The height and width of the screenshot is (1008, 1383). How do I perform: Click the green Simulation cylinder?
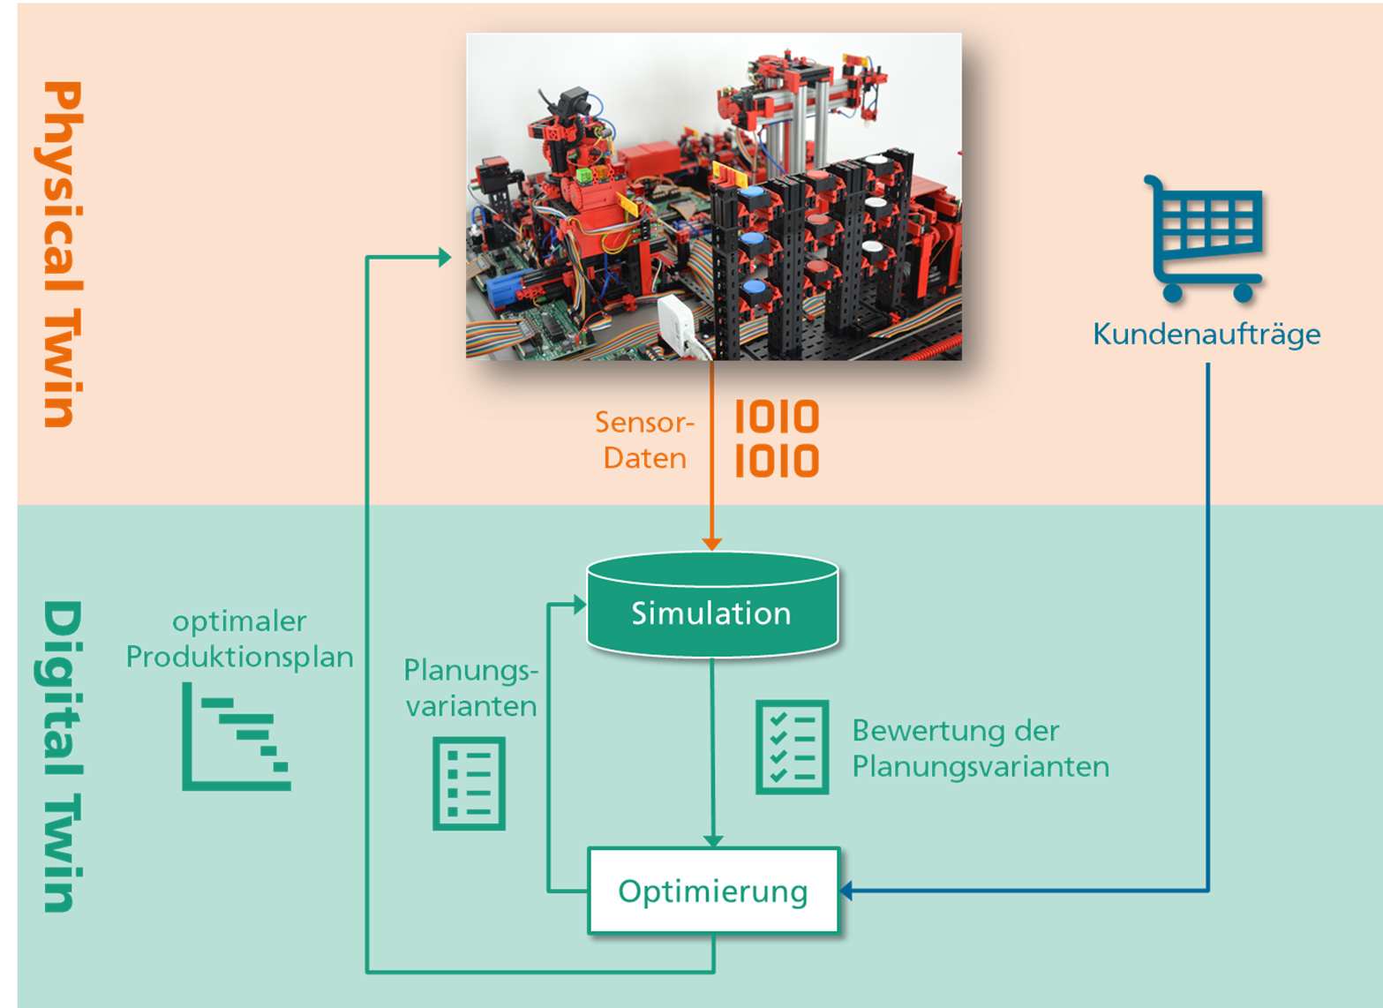(712, 604)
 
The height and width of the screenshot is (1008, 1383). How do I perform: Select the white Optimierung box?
(714, 890)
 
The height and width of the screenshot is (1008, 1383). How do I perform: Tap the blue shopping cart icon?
(1204, 238)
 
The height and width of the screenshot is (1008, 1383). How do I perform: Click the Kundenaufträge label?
(1206, 335)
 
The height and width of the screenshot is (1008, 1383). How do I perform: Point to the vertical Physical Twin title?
(62, 254)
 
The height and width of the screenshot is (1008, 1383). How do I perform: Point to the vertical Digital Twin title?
(62, 756)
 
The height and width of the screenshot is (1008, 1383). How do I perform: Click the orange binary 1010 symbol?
(778, 439)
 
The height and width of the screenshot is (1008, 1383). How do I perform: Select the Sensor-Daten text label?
(644, 440)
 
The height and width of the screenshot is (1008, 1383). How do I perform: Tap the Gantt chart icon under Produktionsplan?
(237, 736)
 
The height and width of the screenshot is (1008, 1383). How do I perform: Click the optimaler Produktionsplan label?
(239, 639)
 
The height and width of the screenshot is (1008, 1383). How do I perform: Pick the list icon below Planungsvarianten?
(470, 783)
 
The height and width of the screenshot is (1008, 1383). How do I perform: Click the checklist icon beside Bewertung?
(793, 747)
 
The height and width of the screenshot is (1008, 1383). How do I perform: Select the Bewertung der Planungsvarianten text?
(981, 748)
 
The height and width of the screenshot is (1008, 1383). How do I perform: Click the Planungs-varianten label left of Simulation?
(471, 688)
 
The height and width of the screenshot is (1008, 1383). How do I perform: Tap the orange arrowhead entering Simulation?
(712, 544)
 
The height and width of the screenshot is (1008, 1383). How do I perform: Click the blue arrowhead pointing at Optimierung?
(846, 891)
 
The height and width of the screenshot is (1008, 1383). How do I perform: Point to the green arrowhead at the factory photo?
(445, 257)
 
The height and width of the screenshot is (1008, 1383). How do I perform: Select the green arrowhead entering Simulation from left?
(580, 604)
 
